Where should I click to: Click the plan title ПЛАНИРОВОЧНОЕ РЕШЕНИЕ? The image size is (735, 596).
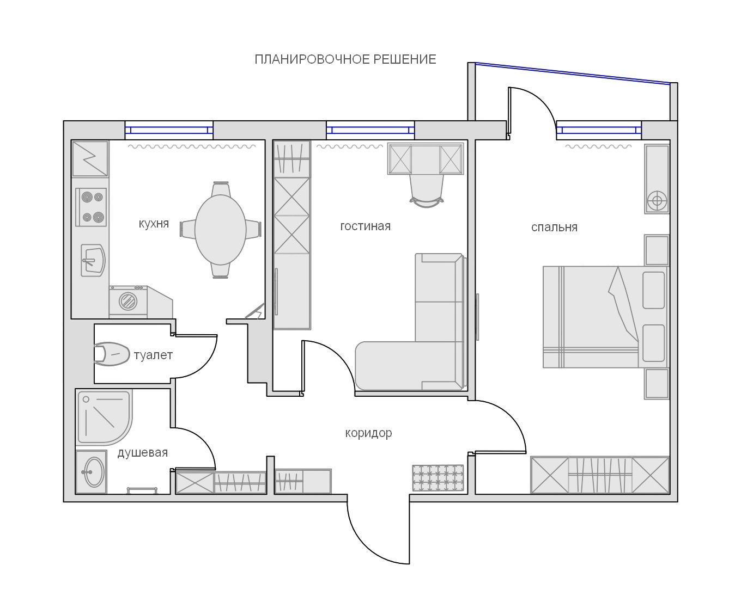(x=345, y=59)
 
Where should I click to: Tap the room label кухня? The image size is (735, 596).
(x=154, y=224)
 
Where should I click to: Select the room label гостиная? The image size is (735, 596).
(x=365, y=226)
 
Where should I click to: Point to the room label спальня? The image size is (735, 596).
(x=554, y=227)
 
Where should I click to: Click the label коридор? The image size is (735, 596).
(x=368, y=433)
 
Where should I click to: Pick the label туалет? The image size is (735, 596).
(x=153, y=355)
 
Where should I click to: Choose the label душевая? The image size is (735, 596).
(x=143, y=453)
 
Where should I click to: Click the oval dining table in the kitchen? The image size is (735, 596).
(x=220, y=230)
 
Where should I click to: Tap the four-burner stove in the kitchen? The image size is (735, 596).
(x=91, y=207)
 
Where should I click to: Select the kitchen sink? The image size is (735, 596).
(x=93, y=260)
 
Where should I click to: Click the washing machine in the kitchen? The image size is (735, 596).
(x=128, y=301)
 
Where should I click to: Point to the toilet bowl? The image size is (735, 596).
(x=111, y=354)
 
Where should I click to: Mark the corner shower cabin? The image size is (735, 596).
(x=104, y=416)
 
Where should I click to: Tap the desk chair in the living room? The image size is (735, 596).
(x=427, y=191)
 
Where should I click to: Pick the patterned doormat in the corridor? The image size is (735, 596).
(x=438, y=477)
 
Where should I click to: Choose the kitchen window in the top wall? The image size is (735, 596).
(x=169, y=130)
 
